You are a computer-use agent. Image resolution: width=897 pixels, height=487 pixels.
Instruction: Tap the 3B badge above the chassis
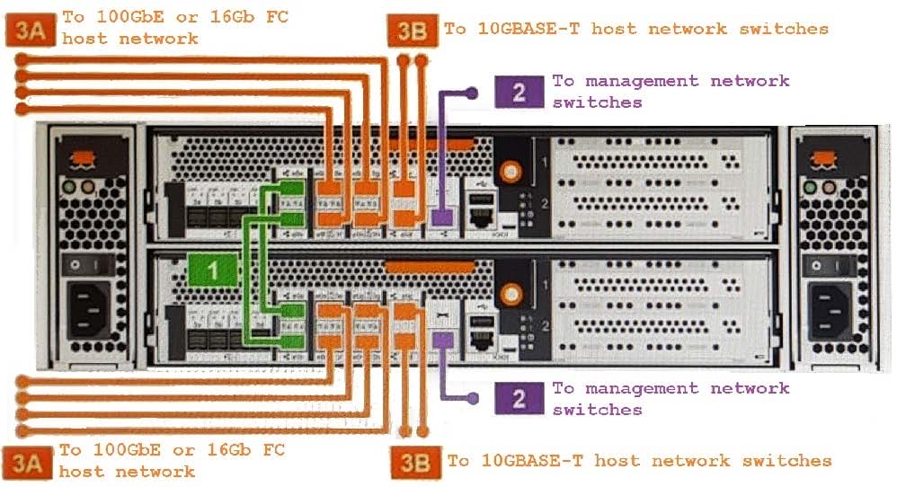point(414,31)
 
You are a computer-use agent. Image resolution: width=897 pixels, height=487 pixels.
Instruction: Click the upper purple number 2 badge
point(519,91)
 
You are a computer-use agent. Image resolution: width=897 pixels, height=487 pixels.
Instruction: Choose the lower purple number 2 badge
point(519,398)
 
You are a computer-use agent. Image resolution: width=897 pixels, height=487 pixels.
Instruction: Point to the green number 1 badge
point(212,268)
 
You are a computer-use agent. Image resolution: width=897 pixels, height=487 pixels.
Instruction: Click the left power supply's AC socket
point(85,311)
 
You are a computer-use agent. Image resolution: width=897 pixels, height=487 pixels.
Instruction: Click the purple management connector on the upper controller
point(440,216)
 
